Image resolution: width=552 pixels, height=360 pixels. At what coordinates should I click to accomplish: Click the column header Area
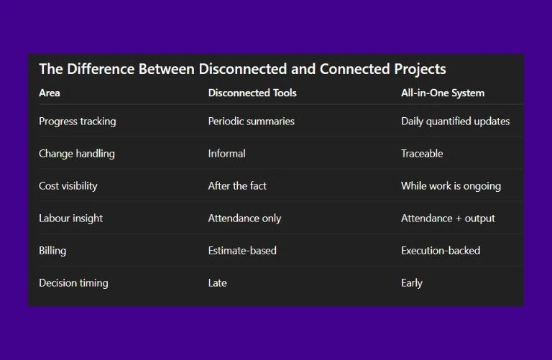click(50, 93)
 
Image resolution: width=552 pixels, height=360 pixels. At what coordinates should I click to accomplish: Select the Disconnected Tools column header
click(252, 93)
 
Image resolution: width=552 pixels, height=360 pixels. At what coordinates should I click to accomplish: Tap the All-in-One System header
click(443, 93)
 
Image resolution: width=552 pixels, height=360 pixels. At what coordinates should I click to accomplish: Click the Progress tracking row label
click(77, 121)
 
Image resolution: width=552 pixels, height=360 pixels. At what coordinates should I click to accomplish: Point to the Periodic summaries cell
click(252, 121)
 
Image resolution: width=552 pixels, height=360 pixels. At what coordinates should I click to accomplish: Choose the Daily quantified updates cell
click(455, 121)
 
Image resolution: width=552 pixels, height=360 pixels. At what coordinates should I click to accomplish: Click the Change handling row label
click(76, 154)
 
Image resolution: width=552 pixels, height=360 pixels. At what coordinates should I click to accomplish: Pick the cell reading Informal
click(226, 154)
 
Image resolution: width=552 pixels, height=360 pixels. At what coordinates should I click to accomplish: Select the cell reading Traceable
click(422, 154)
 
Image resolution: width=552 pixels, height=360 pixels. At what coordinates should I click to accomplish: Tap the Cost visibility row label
click(68, 186)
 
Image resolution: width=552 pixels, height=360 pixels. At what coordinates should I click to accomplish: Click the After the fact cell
click(237, 186)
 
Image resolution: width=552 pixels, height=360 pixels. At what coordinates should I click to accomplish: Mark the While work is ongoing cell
click(451, 186)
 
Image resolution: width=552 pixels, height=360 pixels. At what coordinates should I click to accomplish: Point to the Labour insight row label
click(70, 218)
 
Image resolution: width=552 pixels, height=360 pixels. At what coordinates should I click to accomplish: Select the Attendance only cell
click(244, 218)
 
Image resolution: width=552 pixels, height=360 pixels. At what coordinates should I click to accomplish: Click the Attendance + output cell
click(448, 218)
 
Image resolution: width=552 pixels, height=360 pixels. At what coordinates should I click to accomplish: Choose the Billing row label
click(52, 251)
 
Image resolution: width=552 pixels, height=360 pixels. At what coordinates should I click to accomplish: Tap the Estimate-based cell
click(242, 251)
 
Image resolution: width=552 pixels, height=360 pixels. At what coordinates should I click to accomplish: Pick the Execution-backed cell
click(441, 251)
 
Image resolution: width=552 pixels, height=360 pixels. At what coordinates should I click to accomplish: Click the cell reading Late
click(217, 283)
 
